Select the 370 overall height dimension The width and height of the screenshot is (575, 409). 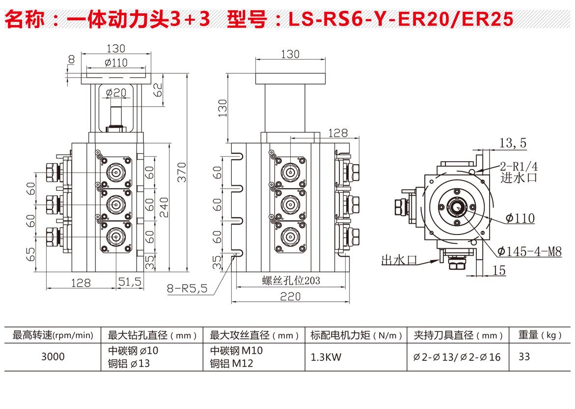tap(182, 172)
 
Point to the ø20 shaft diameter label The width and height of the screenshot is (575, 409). tap(116, 92)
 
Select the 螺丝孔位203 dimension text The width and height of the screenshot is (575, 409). tap(291, 281)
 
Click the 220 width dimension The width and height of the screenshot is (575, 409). tap(291, 296)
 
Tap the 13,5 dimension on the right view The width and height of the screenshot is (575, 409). tap(513, 143)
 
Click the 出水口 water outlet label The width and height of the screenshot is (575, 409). tap(399, 260)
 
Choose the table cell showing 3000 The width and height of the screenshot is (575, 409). tap(53, 357)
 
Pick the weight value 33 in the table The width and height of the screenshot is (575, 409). tap(524, 357)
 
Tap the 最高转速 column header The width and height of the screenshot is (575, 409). tap(53, 336)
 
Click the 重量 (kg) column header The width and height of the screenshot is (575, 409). tap(540, 336)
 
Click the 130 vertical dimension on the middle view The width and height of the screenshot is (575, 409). tap(222, 109)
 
